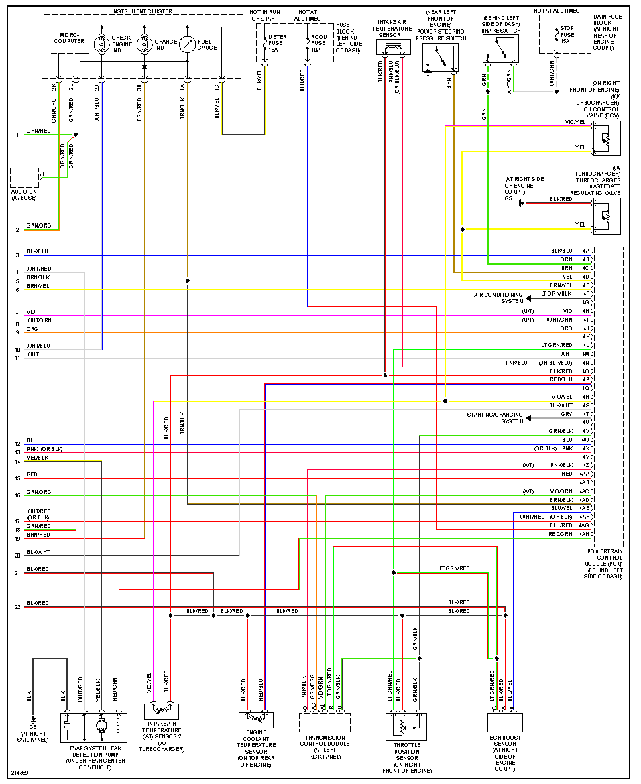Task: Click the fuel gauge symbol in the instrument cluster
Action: click(187, 45)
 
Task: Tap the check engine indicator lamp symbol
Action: click(102, 44)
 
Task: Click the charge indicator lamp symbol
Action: click(144, 44)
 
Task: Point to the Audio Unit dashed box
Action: click(24, 178)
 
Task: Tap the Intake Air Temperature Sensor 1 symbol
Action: click(393, 48)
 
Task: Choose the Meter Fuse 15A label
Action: click(276, 42)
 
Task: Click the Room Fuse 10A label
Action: click(320, 42)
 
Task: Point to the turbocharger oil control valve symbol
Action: click(607, 139)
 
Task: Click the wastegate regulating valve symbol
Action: click(607, 216)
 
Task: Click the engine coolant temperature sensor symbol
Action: click(255, 720)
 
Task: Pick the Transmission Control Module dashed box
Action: click(325, 722)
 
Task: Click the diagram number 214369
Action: click(19, 773)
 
